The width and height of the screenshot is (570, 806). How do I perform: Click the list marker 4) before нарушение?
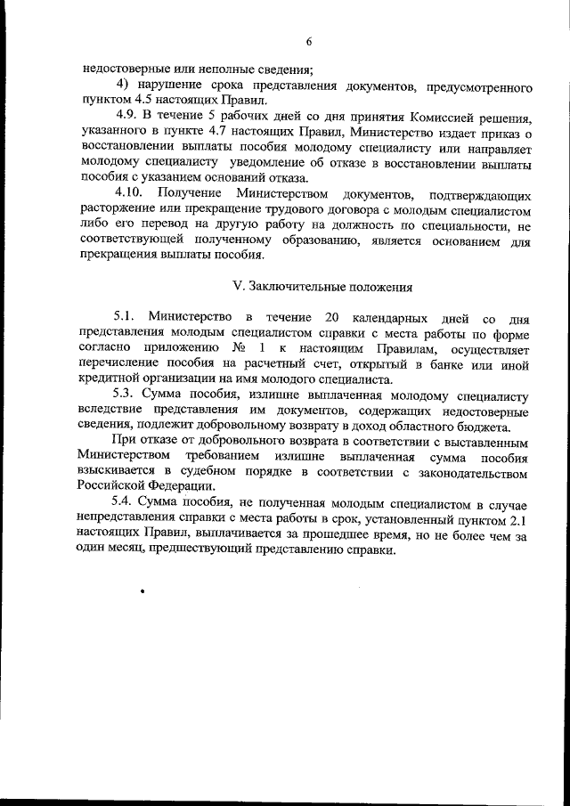pos(124,85)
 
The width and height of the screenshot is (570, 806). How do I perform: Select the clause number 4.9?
pos(130,118)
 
